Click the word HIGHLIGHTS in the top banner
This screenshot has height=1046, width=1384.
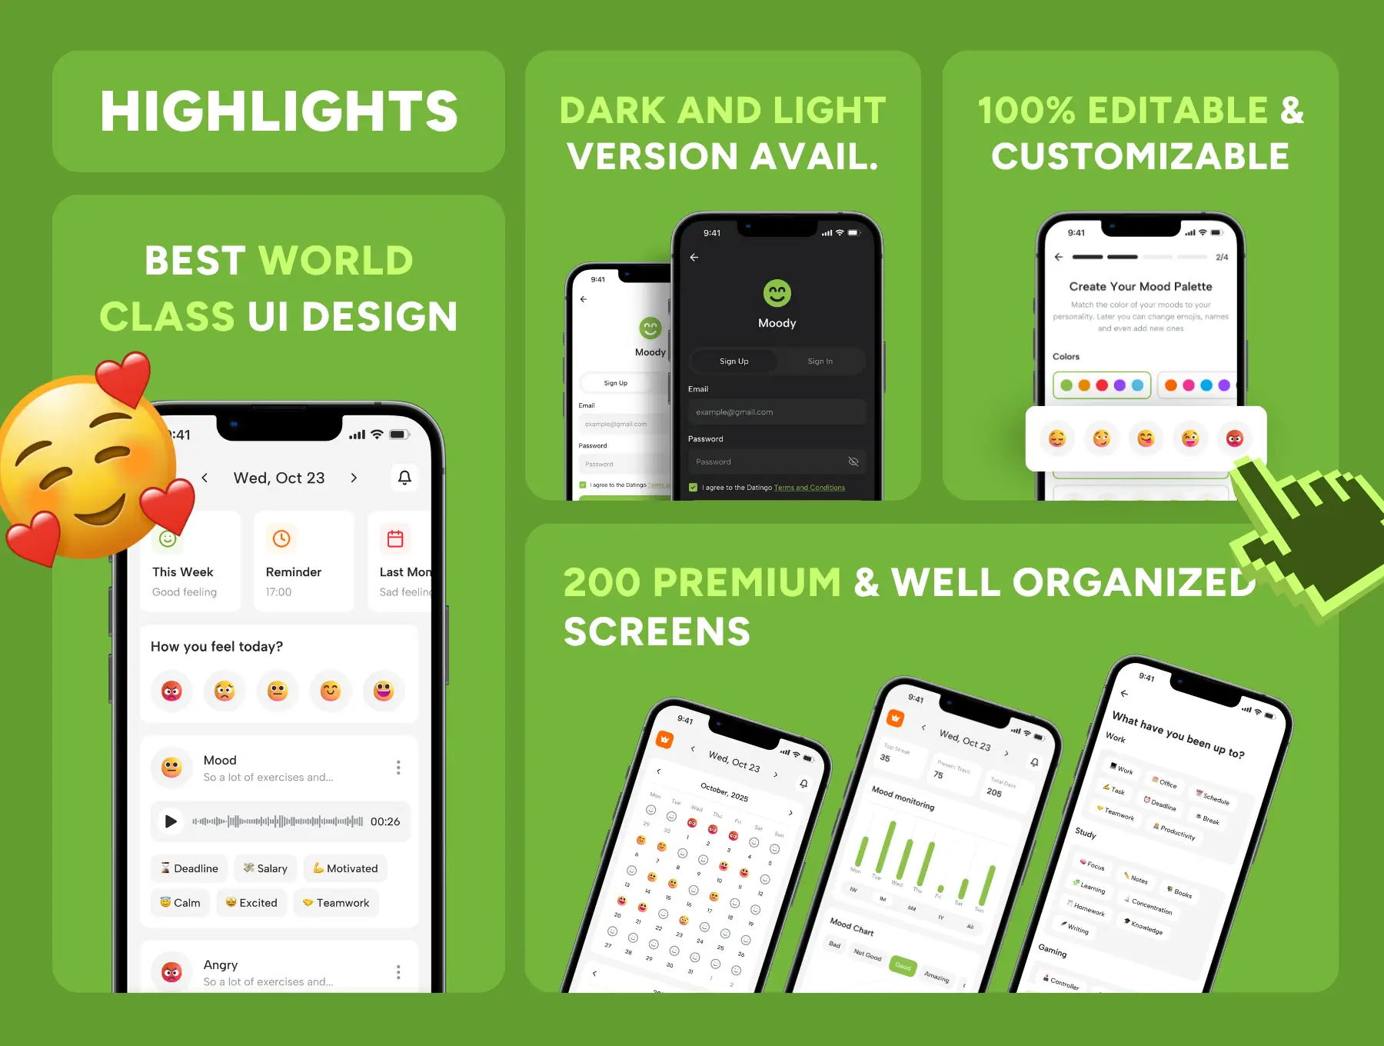278,112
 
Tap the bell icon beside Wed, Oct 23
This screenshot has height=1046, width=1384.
404,478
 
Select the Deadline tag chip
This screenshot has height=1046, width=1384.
189,868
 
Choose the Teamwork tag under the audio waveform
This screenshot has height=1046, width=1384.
336,903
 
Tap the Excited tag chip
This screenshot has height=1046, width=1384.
251,903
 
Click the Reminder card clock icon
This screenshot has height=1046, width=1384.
281,539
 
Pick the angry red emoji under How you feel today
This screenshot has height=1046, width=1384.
171,691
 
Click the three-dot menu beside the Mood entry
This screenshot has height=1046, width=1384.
398,768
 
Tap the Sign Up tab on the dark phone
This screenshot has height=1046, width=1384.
734,361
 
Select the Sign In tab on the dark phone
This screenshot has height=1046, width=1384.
820,361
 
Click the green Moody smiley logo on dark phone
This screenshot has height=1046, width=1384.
777,293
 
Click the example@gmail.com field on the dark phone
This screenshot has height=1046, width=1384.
777,412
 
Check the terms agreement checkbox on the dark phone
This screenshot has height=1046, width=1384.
694,488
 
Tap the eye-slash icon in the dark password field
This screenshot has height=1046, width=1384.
853,461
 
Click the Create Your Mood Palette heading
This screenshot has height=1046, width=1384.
1140,287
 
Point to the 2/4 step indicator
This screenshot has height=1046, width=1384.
1222,257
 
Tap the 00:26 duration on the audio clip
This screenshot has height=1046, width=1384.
385,821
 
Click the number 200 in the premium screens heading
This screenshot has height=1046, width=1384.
602,582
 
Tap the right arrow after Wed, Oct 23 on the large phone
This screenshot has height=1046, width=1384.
354,478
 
